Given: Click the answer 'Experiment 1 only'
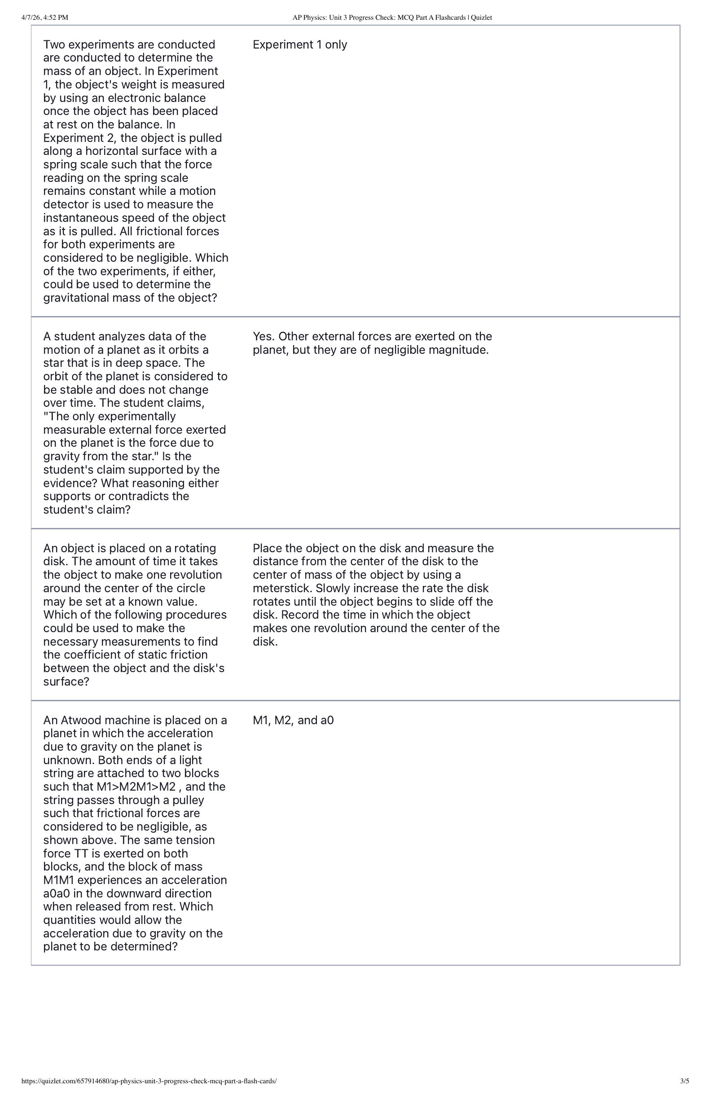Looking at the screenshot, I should [x=300, y=45].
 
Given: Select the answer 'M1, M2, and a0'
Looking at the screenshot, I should [x=293, y=721].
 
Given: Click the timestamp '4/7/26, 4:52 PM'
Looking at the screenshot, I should [x=45, y=18].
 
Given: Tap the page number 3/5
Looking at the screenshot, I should [x=684, y=1081].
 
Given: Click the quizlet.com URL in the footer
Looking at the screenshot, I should [x=149, y=1081].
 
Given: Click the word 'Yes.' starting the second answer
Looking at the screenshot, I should [x=264, y=337].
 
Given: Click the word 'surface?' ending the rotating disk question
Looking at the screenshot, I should [x=66, y=681].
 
